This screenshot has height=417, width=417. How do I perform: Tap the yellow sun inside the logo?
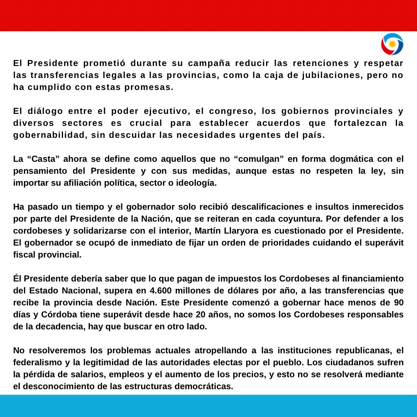392,44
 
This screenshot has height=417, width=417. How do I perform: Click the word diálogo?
45,111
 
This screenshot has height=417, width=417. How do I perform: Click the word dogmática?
334,159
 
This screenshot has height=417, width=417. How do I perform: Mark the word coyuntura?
297,219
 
